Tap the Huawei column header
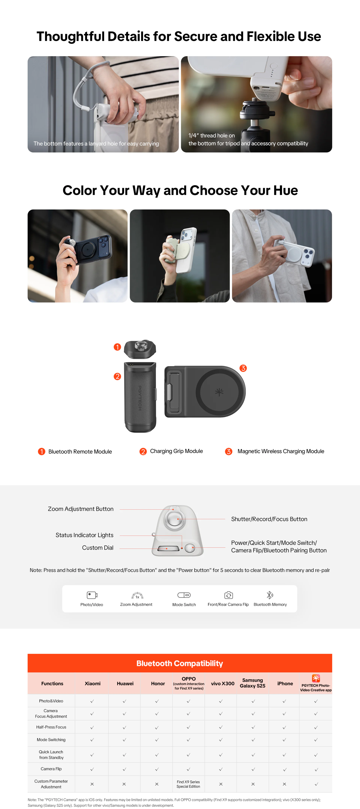pos(125,683)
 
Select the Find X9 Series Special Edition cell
pos(188,784)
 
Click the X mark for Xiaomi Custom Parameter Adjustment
pos(92,784)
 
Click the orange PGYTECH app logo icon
pos(316,678)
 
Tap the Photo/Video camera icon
pos(92,595)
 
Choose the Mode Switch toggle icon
pos(184,595)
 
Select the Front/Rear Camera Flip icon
pos(229,595)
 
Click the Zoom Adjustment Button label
pos(81,509)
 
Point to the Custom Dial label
pos(98,547)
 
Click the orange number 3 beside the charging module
pos(243,368)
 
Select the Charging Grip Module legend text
pos(176,451)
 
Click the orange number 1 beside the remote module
pos(117,347)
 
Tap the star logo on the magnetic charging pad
pos(219,392)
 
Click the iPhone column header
pos(285,683)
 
